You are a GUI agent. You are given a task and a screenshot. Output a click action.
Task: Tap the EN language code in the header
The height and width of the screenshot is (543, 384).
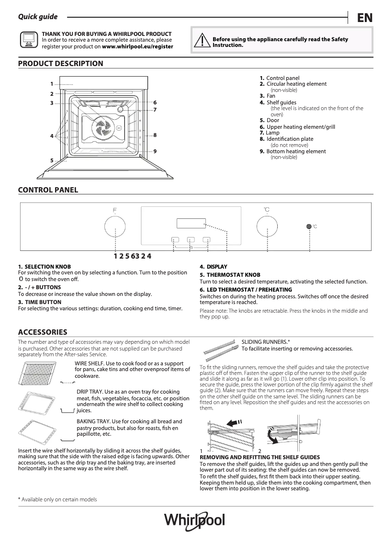coord(364,18)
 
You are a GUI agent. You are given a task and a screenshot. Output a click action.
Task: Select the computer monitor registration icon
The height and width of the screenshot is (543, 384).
coord(28,41)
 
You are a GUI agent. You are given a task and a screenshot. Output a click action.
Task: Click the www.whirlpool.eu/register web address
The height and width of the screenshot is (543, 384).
coord(138,47)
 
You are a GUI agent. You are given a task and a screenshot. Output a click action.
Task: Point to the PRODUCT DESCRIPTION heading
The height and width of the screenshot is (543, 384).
coord(60,63)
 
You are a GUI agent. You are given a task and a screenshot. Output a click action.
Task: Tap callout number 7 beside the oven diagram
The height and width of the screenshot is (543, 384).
coord(155,110)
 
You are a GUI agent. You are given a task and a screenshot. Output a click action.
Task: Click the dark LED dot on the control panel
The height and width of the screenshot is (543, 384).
coord(309,226)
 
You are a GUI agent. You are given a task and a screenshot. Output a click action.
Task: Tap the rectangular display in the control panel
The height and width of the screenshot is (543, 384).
coord(191,224)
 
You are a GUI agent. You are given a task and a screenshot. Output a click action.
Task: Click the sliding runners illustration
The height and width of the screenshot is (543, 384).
coord(220,349)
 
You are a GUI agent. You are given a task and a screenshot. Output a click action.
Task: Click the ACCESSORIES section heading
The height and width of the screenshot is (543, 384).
coord(42,332)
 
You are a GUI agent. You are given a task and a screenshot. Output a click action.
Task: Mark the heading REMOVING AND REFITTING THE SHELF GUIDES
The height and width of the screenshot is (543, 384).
coord(260,457)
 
